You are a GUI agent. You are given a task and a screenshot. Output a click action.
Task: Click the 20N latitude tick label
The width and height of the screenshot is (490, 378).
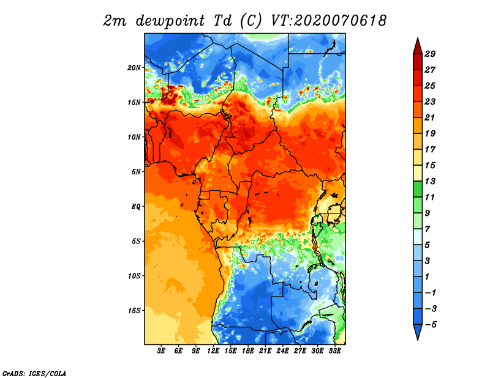coord(134,67)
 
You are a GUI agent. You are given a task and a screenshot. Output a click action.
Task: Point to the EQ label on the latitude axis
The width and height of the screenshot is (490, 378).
coord(136,206)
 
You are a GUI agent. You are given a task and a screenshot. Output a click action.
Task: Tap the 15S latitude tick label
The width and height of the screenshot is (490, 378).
coord(134,310)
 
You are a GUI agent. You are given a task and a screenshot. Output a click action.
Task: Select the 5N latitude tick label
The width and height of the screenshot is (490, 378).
coord(136,172)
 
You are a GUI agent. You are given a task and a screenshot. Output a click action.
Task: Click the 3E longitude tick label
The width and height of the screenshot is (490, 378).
coord(162,351)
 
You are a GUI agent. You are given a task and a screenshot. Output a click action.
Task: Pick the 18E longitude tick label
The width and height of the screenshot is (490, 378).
coord(248,351)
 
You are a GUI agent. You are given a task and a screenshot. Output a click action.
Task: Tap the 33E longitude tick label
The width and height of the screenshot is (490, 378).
coord(334,351)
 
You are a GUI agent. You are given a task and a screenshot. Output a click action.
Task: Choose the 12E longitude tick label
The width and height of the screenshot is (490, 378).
coord(213,351)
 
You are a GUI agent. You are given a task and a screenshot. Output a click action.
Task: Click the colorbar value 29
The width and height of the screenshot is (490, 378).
coord(429,54)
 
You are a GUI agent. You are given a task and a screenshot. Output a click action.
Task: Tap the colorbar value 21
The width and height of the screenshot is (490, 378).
coord(429,118)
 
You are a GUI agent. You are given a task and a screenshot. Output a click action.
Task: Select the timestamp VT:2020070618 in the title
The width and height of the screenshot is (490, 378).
coord(328,20)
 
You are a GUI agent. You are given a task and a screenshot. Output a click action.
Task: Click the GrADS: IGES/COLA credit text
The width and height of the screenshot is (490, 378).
coord(34,372)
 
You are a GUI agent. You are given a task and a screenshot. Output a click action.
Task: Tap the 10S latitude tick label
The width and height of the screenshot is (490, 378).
coord(134,276)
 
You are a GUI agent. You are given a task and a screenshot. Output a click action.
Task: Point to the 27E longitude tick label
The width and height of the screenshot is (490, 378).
coord(300,351)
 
